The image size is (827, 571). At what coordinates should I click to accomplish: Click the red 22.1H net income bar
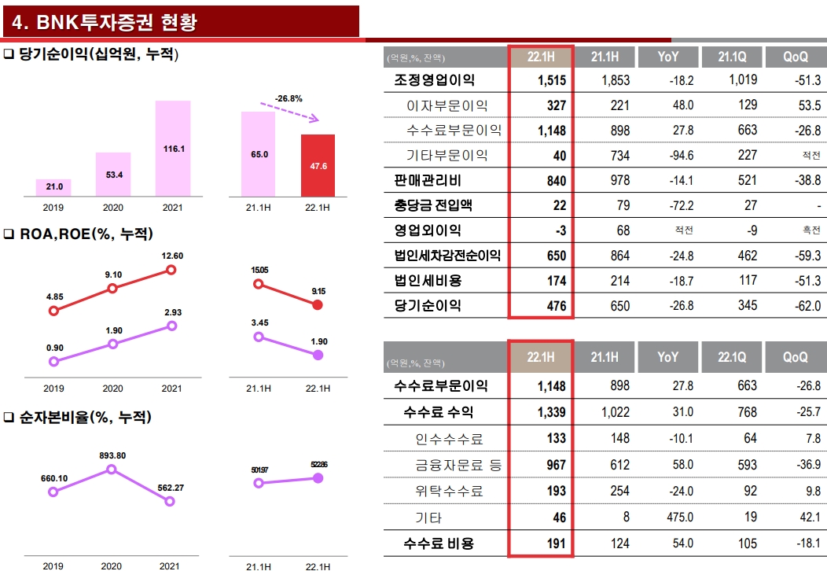point(318,165)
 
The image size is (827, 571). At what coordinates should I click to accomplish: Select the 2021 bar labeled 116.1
point(173,148)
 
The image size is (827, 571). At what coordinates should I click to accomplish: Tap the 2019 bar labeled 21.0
point(53,187)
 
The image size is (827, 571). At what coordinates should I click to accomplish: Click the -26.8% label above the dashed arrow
point(289,98)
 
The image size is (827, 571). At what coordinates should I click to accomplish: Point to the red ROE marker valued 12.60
point(171,270)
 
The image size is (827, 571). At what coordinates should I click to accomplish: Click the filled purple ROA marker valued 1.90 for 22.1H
point(318,355)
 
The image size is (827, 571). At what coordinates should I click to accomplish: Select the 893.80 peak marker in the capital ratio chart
point(111,469)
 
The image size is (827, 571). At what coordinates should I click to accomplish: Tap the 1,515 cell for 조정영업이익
point(553,80)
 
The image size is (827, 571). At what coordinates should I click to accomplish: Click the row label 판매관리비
point(428,180)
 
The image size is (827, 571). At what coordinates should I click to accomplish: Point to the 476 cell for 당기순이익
point(556,306)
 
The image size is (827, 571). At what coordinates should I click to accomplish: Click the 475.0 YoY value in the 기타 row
point(678,518)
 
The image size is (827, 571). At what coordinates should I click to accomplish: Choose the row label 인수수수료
point(449,439)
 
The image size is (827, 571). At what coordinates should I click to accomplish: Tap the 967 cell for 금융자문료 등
point(556,465)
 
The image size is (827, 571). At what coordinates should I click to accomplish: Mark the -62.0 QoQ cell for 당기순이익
point(807,306)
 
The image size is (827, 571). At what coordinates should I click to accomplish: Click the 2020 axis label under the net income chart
point(112,208)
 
